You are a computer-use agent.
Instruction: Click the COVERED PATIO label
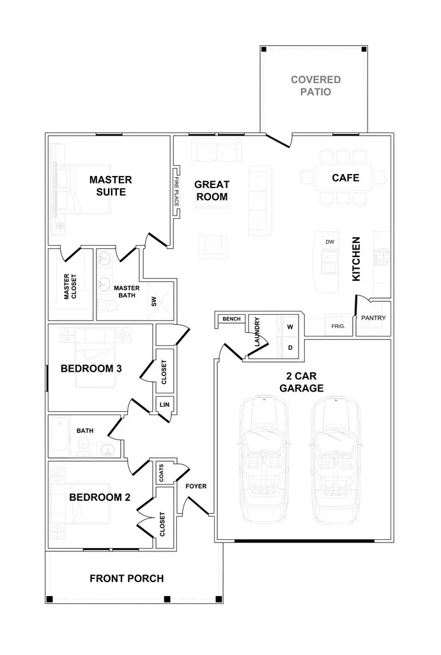315,86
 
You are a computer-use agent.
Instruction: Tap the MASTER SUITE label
110,185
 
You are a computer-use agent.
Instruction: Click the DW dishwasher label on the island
330,242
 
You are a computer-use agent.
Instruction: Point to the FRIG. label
338,326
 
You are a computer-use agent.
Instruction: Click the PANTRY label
373,318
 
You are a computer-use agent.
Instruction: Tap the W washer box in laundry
290,327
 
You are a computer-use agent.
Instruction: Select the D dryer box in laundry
290,348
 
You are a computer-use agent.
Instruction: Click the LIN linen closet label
164,405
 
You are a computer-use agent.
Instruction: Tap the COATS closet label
161,473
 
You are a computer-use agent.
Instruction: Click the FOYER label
196,486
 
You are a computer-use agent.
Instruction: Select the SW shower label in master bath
154,301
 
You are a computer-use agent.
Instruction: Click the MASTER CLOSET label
70,287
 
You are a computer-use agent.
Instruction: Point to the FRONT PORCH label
127,578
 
